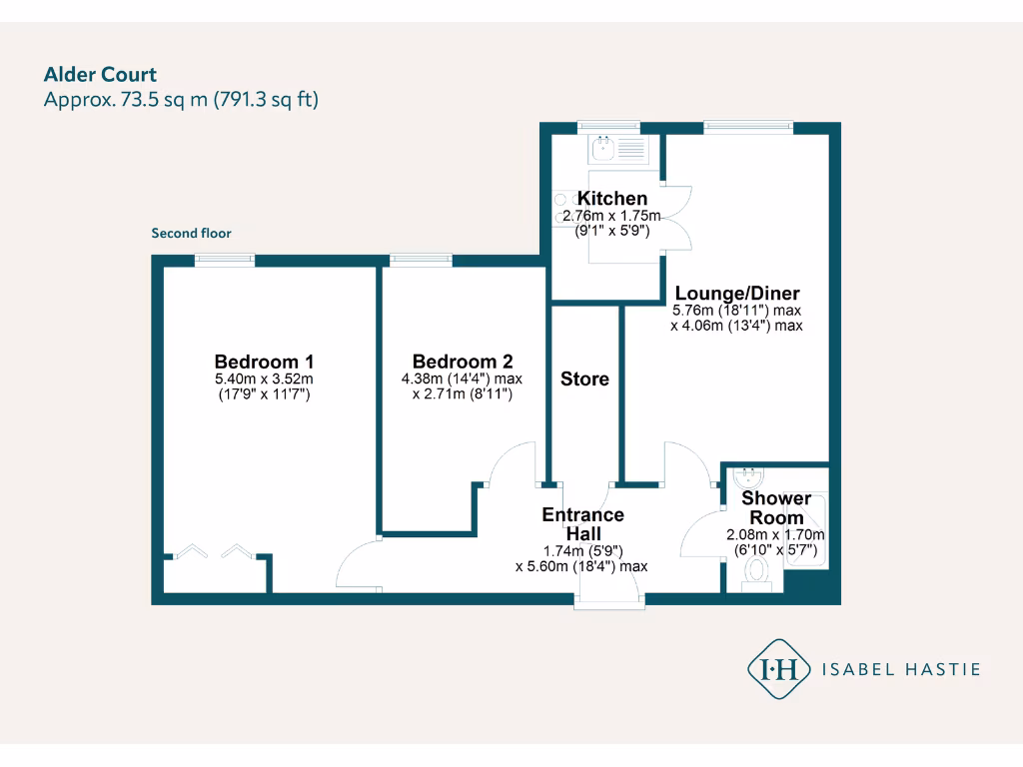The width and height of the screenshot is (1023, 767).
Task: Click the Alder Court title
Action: click(100, 74)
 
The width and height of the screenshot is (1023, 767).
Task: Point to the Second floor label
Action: click(191, 234)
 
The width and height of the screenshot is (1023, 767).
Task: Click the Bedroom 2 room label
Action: click(463, 362)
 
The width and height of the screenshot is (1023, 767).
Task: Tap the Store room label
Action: click(584, 380)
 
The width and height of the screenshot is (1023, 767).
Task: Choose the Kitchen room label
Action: click(611, 199)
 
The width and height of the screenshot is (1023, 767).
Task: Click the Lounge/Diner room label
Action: click(737, 294)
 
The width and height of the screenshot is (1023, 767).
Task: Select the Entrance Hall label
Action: click(582, 524)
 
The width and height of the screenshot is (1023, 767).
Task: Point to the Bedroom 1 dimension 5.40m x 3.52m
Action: click(265, 380)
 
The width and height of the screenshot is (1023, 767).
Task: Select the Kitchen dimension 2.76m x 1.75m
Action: click(611, 216)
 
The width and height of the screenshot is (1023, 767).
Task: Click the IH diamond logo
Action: click(778, 669)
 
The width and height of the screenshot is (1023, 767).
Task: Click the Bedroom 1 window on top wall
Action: click(224, 260)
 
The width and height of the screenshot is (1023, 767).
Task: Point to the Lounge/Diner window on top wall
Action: click(748, 127)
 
